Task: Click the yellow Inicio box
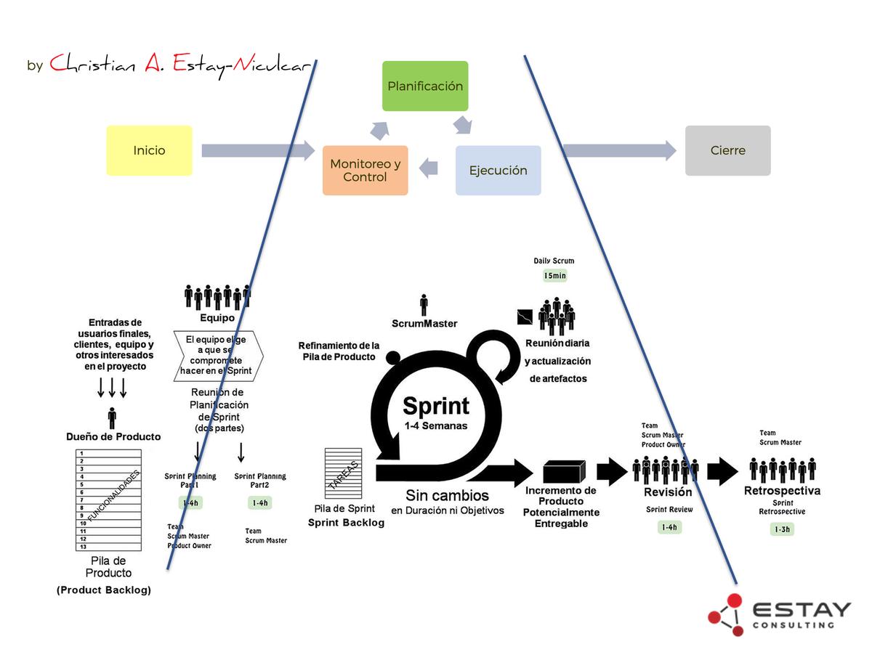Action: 149,150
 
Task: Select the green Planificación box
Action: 425,86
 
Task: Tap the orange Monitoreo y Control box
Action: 365,170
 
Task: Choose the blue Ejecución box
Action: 498,170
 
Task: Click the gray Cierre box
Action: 727,150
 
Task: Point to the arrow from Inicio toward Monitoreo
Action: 257,150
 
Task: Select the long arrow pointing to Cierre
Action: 619,150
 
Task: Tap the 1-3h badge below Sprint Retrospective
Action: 782,529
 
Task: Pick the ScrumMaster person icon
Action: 424,305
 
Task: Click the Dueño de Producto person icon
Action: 112,418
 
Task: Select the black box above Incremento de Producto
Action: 565,471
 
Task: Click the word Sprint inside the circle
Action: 436,405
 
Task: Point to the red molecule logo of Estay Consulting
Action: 727,614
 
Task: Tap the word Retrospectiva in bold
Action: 782,491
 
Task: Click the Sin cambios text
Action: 447,496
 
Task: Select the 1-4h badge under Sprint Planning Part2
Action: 259,502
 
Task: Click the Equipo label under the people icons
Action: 217,317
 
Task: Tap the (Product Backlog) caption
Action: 104,590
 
